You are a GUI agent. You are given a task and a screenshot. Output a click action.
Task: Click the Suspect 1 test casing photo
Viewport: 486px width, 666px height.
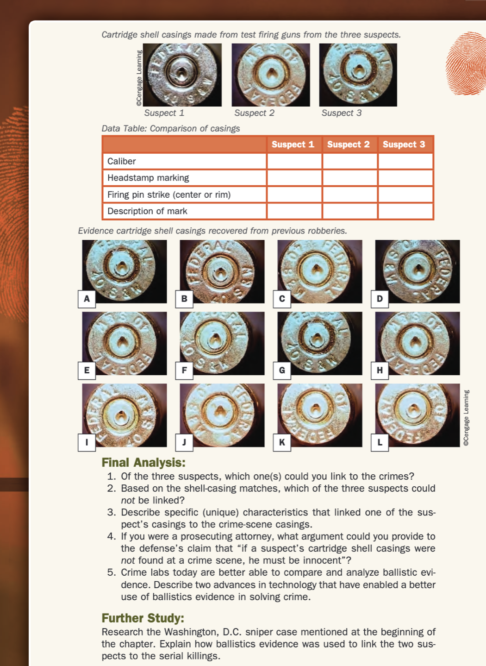point(182,75)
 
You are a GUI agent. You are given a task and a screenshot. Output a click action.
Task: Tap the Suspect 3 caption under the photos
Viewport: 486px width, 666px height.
point(342,113)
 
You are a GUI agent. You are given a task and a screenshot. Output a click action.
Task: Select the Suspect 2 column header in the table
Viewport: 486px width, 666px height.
point(349,145)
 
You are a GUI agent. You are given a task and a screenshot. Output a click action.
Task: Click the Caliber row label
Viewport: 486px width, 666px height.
point(122,161)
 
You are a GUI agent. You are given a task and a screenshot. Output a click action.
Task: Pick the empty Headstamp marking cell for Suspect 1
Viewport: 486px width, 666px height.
point(294,178)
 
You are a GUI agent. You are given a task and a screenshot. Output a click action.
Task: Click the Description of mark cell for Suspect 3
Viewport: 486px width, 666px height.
point(405,211)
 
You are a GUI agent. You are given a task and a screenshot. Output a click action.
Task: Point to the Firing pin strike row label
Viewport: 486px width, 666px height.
point(169,195)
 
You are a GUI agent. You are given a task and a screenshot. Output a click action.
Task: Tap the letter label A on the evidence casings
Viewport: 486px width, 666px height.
point(87,299)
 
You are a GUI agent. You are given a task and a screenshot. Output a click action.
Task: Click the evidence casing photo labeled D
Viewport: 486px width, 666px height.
point(418,271)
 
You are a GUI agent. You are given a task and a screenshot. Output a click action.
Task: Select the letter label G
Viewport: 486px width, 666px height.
point(282,370)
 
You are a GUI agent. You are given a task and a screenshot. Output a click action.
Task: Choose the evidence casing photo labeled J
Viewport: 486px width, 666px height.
point(223,415)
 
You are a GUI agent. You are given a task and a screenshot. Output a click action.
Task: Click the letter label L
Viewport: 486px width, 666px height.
point(380,442)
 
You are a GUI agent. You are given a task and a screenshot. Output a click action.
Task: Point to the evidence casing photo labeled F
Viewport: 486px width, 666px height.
point(223,343)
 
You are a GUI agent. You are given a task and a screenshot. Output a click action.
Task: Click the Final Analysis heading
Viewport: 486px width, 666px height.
point(143,462)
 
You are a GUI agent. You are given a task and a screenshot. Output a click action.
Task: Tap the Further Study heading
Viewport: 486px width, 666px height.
point(143,618)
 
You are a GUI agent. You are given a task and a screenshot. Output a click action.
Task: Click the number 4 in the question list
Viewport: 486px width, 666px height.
point(111,536)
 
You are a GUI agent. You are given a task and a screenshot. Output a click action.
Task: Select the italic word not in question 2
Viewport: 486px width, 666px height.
point(128,500)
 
